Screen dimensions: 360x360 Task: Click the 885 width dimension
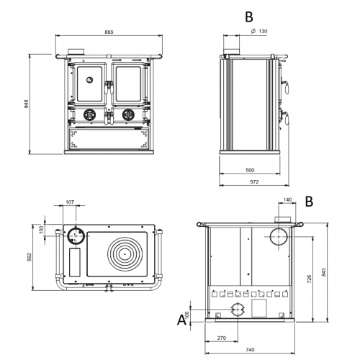click(109, 32)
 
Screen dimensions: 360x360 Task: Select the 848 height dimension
click(27, 104)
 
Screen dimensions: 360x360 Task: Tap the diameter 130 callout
click(259, 31)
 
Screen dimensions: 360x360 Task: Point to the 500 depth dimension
click(250, 170)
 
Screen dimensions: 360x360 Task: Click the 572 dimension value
click(254, 182)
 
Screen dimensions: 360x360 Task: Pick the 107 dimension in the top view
click(70, 202)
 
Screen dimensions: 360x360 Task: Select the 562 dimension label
click(30, 257)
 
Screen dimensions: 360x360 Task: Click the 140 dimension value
click(287, 199)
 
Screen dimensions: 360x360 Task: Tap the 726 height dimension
click(309, 279)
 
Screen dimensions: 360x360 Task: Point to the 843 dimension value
click(324, 272)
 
